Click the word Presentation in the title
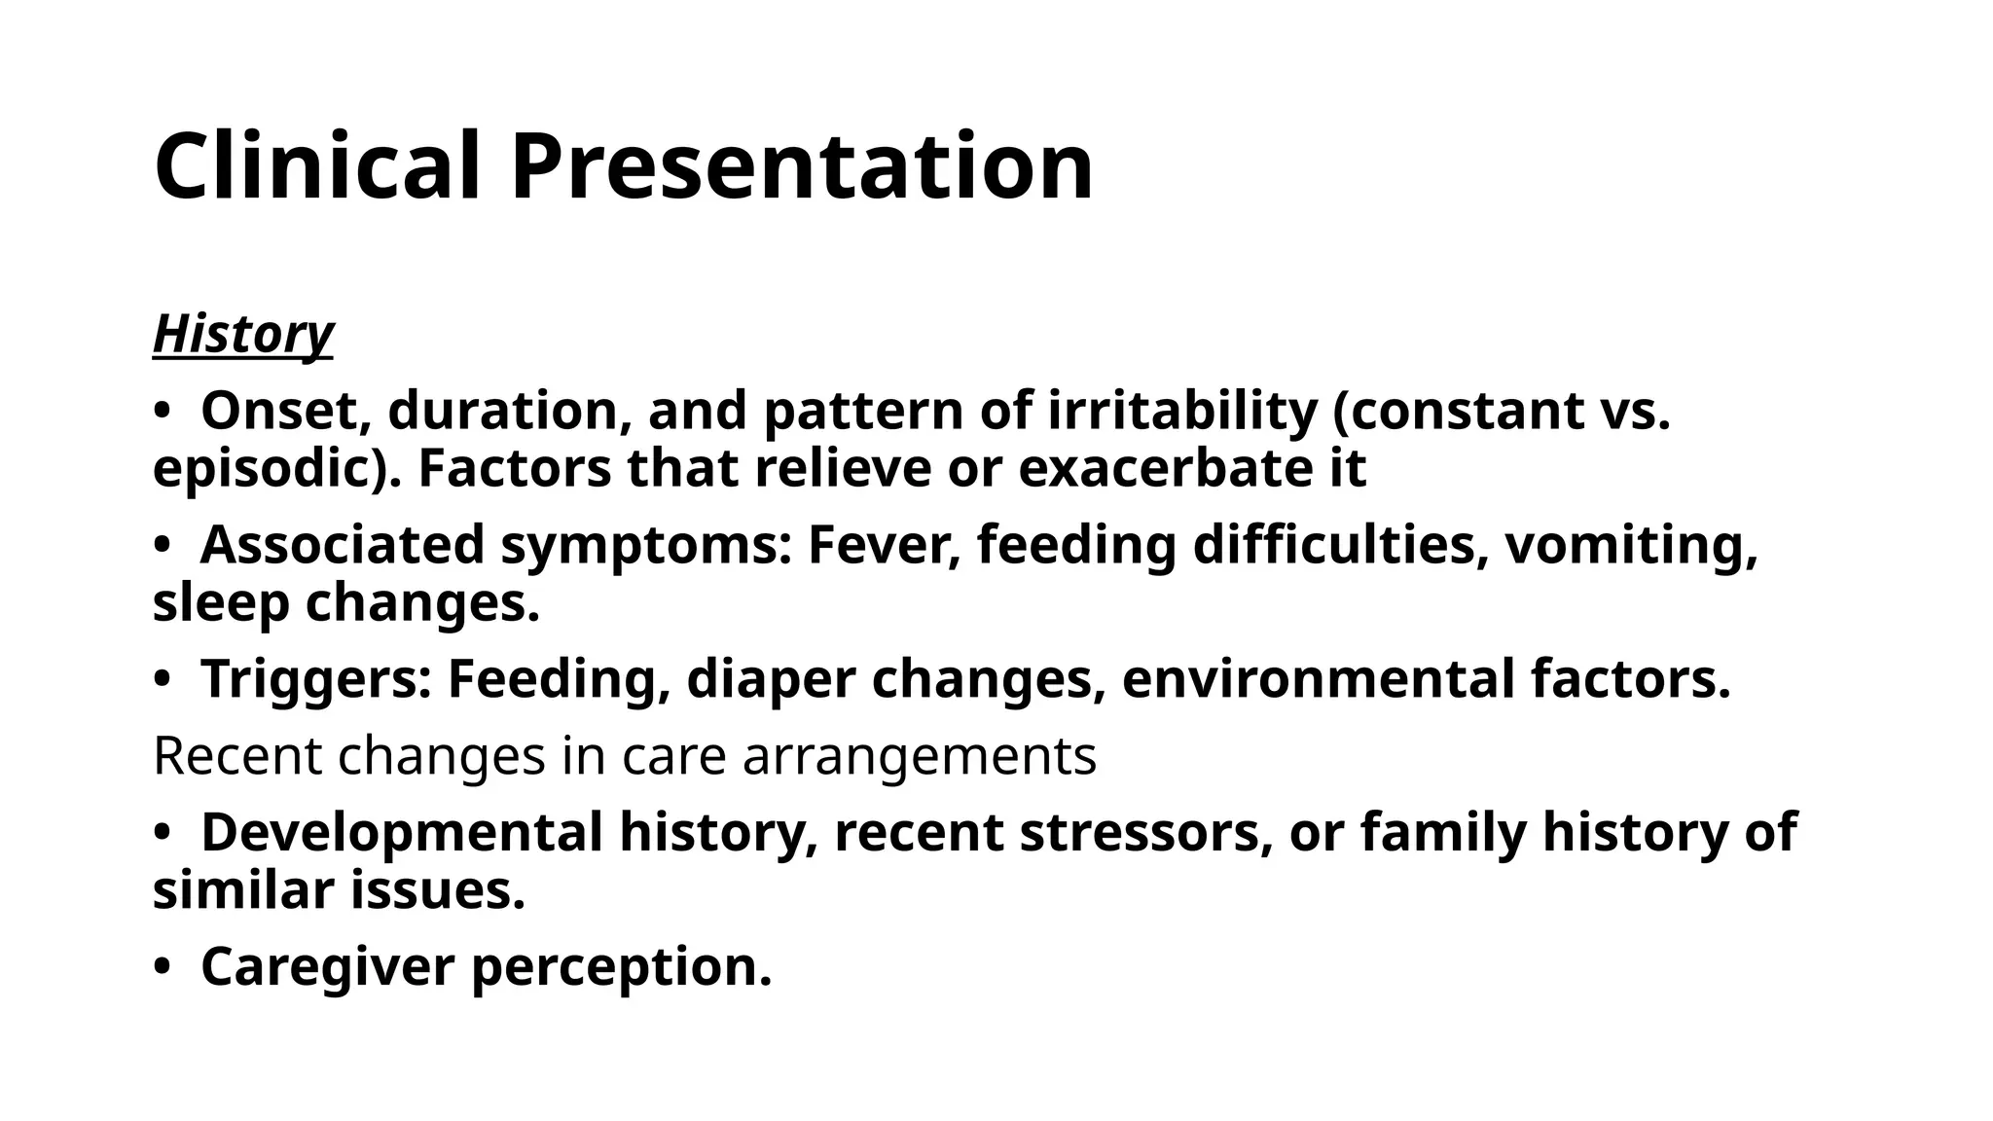802,167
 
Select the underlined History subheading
243,334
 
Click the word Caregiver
328,966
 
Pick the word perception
621,968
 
